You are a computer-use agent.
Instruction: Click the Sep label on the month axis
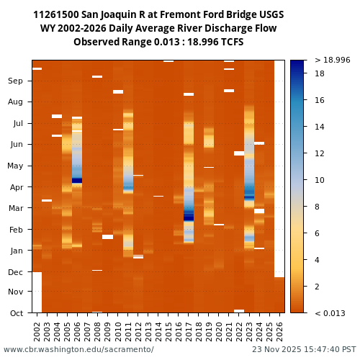[x=15, y=81]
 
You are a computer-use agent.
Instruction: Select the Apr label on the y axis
[x=16, y=186]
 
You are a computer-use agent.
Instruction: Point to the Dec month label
[x=15, y=271]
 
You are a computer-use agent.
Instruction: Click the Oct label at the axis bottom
[x=16, y=312]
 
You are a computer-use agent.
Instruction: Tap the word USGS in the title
[x=269, y=15]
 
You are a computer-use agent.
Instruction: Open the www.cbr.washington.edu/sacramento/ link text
[x=78, y=349]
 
